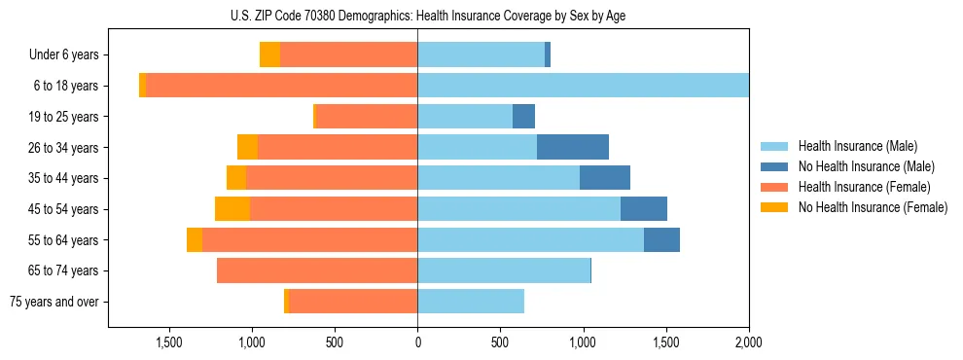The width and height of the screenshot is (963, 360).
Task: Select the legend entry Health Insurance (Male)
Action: [x=857, y=147]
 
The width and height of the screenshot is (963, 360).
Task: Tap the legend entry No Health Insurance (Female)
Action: [x=872, y=207]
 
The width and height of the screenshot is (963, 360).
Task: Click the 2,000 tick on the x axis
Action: [x=749, y=342]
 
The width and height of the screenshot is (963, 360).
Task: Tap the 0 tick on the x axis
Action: [x=417, y=342]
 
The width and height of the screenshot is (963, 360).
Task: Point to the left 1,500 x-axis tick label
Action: [x=169, y=342]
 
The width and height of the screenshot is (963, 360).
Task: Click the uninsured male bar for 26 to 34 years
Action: [x=572, y=148]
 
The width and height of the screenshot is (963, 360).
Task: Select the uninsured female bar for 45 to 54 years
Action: [x=232, y=209]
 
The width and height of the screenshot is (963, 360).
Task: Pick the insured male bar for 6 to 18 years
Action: [x=583, y=86]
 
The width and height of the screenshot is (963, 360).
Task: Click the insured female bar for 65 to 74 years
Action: [x=317, y=270]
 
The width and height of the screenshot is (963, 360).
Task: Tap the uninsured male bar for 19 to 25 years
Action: [x=523, y=117]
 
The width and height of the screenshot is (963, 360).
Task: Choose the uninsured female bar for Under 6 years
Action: [x=269, y=55]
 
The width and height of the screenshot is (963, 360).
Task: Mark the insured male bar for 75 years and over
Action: [x=471, y=302]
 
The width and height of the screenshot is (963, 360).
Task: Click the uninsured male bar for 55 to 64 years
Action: [x=661, y=240]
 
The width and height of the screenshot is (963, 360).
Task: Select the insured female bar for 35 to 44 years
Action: [x=332, y=178]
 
